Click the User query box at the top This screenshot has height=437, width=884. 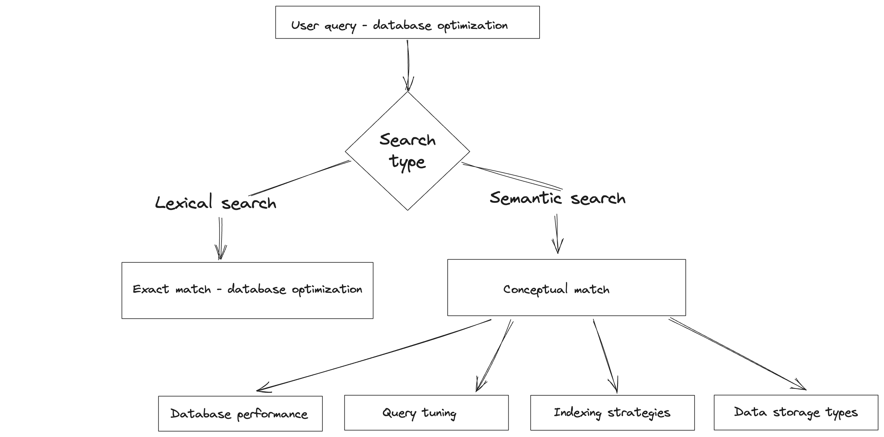(407, 22)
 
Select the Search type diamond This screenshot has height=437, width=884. (407, 151)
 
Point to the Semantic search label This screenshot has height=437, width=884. (558, 198)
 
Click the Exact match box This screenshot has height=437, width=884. (247, 291)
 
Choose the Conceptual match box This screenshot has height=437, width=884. (567, 287)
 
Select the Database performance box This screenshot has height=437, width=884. (240, 413)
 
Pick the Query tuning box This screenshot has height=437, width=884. (426, 412)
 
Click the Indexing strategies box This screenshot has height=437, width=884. (613, 412)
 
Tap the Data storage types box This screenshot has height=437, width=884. (796, 412)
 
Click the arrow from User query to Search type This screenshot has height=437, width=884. (408, 65)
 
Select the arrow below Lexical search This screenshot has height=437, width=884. (221, 238)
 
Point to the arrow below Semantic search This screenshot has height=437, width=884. (557, 234)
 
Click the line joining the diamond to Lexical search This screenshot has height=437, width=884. (300, 178)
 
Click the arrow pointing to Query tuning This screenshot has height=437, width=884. (495, 356)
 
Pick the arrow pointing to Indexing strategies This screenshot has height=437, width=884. (606, 356)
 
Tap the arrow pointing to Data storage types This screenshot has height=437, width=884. (738, 354)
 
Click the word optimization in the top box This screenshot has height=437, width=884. (472, 25)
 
